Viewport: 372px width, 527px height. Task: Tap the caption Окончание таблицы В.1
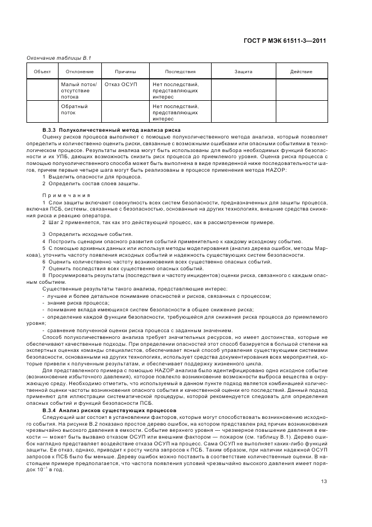(51, 59)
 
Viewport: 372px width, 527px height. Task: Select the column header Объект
(42, 72)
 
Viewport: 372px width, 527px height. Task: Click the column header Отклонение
(79, 72)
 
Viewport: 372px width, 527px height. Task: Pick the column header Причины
(126, 72)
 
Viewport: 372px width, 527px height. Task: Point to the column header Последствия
(180, 72)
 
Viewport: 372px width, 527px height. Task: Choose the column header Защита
(243, 72)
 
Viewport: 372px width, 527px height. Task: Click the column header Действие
(301, 72)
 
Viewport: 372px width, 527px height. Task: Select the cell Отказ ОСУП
(121, 84)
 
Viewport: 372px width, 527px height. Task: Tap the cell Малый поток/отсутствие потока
(79, 90)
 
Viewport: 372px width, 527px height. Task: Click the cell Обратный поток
(74, 109)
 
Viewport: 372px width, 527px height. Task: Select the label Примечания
(66, 195)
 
